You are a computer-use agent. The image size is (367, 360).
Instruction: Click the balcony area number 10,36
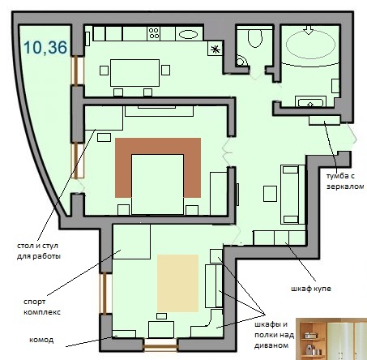[45, 47]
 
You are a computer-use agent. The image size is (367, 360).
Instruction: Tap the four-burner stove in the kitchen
[154, 33]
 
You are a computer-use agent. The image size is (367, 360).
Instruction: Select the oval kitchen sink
[189, 34]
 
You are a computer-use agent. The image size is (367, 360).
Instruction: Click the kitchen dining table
[134, 73]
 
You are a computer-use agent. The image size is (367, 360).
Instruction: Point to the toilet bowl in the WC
[254, 38]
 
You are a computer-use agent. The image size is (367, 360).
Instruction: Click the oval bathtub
[310, 45]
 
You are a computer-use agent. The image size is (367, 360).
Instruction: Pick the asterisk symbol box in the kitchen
[216, 49]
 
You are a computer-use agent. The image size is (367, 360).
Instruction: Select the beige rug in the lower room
[178, 283]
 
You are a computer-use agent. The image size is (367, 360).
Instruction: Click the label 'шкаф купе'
[311, 289]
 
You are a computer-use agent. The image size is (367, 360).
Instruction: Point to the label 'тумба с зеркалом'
[345, 181]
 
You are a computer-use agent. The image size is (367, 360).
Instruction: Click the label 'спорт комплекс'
[42, 306]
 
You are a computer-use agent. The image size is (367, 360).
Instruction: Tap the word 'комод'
[41, 340]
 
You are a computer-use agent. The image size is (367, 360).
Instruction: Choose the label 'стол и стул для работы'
[39, 251]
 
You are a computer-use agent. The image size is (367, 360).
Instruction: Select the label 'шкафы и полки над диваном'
[274, 335]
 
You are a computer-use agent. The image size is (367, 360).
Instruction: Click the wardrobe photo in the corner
[331, 339]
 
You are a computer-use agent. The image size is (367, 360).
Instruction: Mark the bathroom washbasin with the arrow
[310, 103]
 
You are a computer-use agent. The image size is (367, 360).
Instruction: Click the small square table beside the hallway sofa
[270, 194]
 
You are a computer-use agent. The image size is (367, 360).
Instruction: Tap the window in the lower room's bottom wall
[160, 345]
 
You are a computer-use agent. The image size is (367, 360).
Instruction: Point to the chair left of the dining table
[104, 71]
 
